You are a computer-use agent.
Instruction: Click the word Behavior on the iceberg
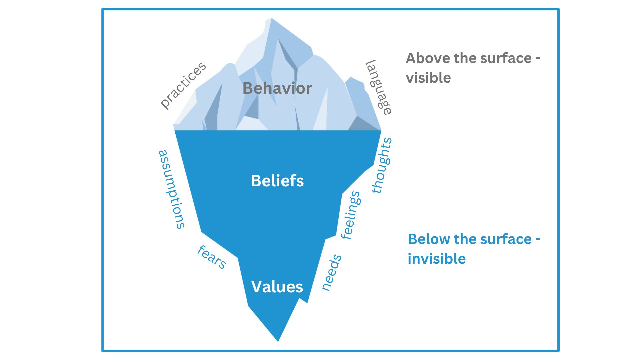277,88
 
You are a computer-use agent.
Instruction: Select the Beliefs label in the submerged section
277,181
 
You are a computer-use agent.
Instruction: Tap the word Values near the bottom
277,287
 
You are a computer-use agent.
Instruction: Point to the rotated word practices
183,85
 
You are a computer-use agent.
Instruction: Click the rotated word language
379,87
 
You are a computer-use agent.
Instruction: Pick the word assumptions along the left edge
171,189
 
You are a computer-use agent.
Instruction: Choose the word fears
212,257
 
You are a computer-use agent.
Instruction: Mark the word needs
332,273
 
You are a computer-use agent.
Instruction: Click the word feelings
351,215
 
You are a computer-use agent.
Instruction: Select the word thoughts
382,166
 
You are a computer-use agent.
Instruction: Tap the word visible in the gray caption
428,78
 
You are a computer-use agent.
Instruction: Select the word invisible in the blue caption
436,259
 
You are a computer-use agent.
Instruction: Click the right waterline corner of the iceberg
381,130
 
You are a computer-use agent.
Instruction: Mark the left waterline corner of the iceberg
174,130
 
